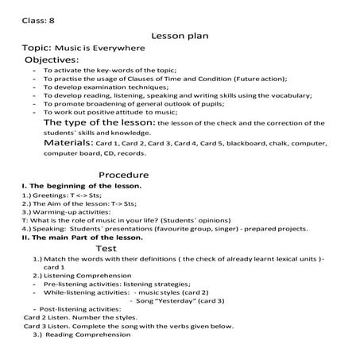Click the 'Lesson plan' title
[x=179, y=36]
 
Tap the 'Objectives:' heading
[x=52, y=60]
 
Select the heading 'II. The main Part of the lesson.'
[x=83, y=237]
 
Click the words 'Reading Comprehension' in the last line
[x=92, y=334]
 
